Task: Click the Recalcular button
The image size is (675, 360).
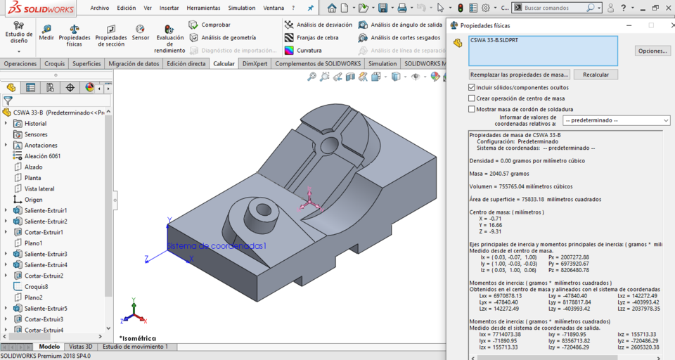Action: tap(596, 75)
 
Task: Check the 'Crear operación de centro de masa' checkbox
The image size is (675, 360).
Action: tap(472, 98)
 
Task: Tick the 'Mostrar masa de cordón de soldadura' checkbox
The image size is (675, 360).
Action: tap(472, 109)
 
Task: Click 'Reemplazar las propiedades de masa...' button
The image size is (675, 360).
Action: tap(519, 75)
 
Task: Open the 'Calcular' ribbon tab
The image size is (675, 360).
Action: tap(224, 63)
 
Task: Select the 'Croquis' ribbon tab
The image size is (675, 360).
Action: tap(55, 63)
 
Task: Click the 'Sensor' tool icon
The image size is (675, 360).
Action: tap(140, 32)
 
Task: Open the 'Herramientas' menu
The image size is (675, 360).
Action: tap(203, 8)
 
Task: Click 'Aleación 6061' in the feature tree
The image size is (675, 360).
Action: tap(42, 156)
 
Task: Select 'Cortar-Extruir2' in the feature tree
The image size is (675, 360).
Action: tap(44, 276)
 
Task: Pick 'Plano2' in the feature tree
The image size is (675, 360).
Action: tap(33, 297)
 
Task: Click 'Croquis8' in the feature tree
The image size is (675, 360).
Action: tap(36, 287)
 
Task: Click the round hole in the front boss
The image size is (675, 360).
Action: tap(263, 209)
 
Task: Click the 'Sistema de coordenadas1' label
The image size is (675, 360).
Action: tap(216, 246)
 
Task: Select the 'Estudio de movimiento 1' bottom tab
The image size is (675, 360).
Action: tap(134, 347)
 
